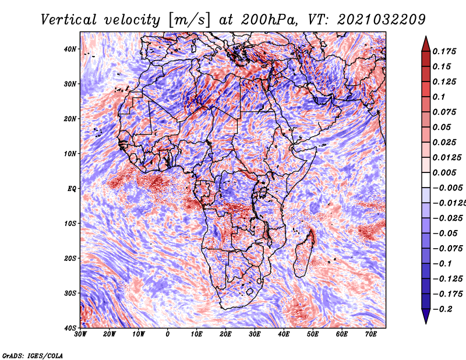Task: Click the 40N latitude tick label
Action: coord(70,49)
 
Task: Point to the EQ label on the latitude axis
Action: coord(72,189)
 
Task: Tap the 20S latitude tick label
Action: coord(70,258)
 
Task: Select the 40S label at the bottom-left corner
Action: coord(70,328)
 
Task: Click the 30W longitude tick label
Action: coord(80,334)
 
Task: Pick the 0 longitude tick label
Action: coord(168,334)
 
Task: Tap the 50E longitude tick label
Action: coord(313,334)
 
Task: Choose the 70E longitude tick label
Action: coord(371,334)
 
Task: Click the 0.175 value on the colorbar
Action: coord(444,51)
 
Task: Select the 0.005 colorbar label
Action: coord(444,172)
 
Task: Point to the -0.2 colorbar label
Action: coord(442,309)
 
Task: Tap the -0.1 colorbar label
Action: coord(442,264)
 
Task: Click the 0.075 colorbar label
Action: coord(444,112)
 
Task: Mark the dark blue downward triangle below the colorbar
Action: coord(426,316)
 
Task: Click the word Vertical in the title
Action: coord(68,20)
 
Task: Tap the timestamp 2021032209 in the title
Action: coord(382,20)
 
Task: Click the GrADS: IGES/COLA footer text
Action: coord(33,355)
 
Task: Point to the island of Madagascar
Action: coord(304,253)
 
